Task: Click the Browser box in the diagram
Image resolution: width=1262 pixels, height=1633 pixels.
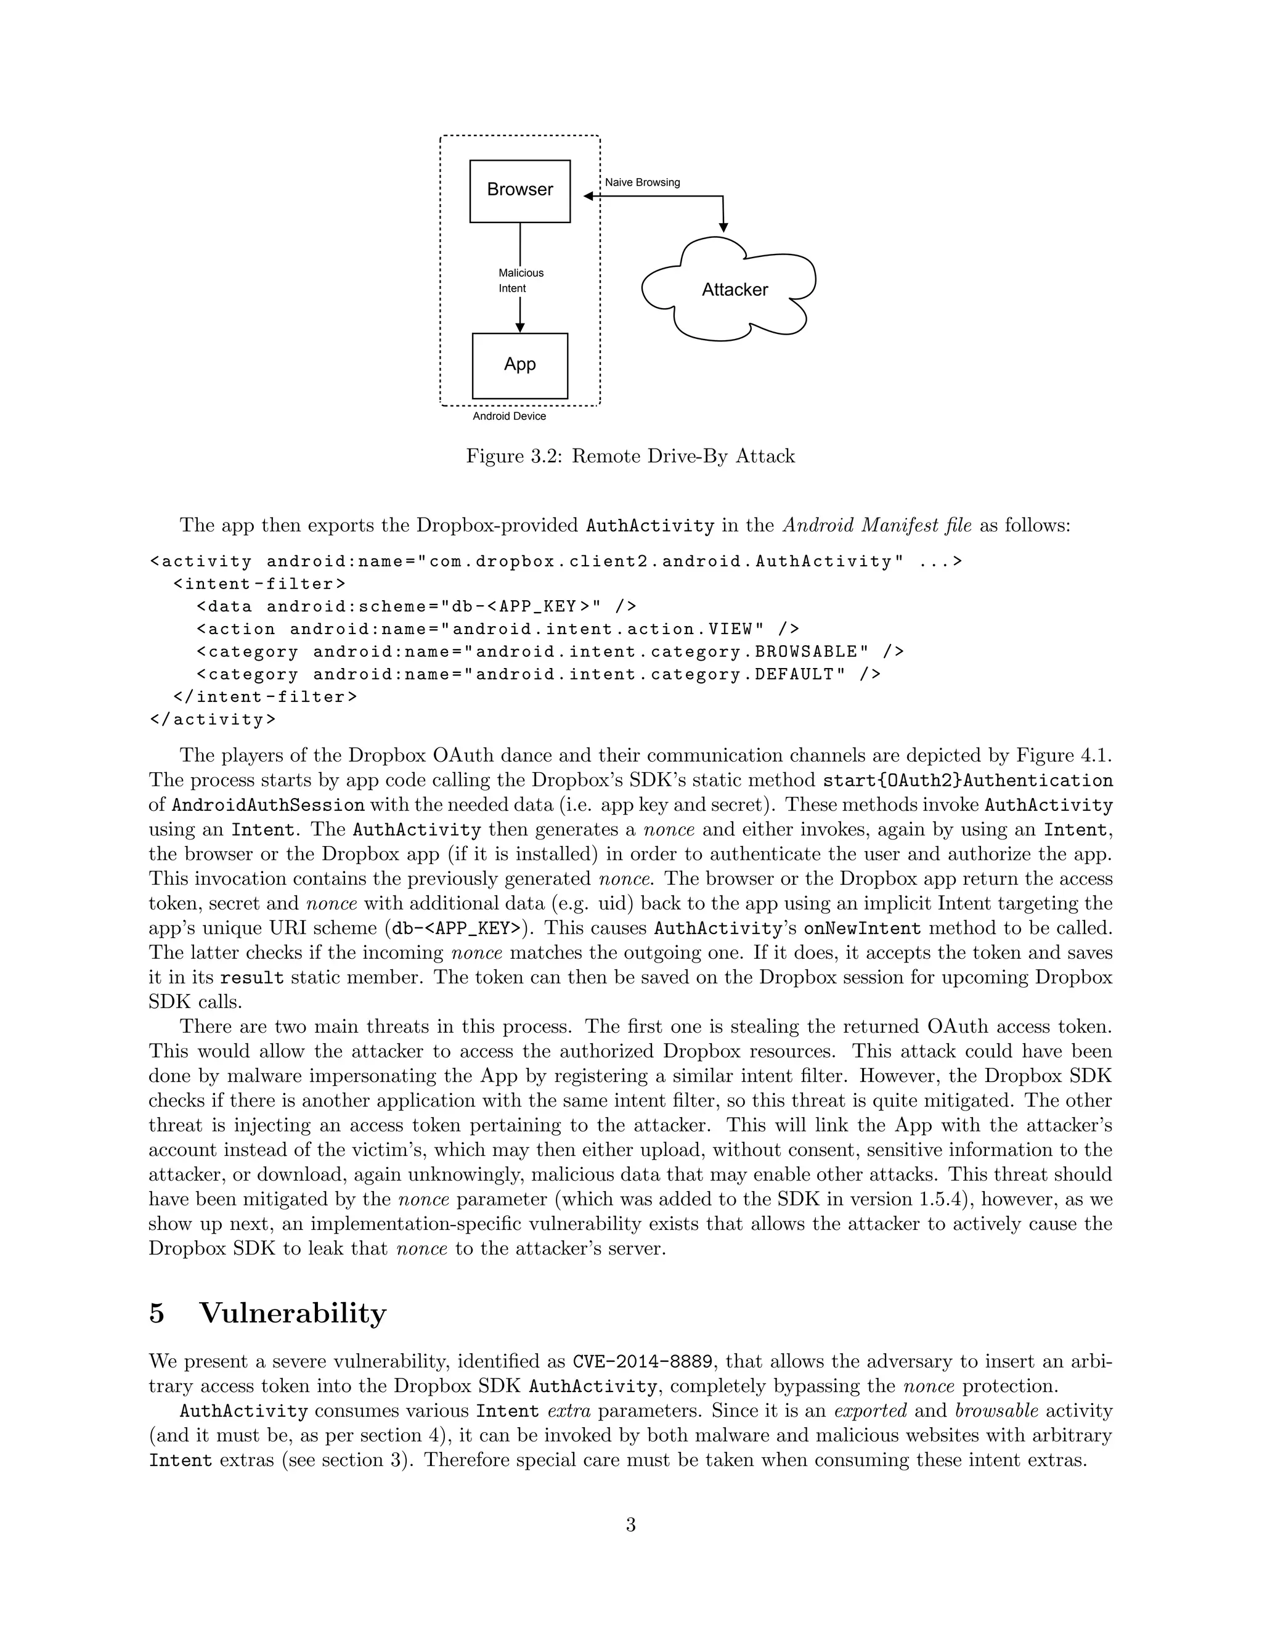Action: [x=519, y=190]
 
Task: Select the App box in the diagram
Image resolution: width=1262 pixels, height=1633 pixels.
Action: [x=519, y=365]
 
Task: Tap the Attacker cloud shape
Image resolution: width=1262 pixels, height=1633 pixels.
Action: [x=733, y=290]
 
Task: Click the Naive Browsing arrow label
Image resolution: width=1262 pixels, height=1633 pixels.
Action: [x=641, y=182]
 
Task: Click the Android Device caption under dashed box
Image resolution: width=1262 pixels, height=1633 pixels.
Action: [x=509, y=417]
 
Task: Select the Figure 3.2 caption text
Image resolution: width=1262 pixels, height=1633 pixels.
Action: [x=630, y=456]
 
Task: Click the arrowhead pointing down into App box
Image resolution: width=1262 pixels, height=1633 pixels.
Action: [x=519, y=327]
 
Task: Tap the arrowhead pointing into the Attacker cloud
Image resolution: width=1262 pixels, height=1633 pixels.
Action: [x=723, y=226]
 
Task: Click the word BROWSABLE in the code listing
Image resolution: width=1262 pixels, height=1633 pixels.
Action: [x=806, y=652]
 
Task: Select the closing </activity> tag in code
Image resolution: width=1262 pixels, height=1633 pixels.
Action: [x=213, y=720]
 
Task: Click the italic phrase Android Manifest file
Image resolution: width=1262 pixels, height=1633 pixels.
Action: [x=877, y=526]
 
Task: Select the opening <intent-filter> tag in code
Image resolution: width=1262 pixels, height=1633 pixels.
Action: [x=259, y=584]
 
